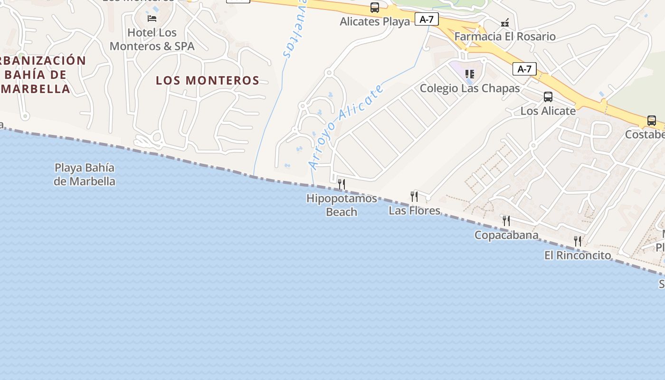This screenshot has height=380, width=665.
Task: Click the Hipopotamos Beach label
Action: pos(342,205)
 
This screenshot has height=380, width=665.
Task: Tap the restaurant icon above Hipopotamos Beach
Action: pos(341,184)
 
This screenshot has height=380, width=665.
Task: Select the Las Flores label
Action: pos(414,210)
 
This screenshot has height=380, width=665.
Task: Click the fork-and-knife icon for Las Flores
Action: pos(414,196)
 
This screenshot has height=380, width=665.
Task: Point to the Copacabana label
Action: pos(506,235)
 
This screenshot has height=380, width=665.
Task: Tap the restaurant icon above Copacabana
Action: pos(506,220)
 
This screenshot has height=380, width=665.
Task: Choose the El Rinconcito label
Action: pos(578,255)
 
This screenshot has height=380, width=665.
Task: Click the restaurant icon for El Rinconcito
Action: pos(578,241)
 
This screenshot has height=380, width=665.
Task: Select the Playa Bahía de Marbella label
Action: pos(85,174)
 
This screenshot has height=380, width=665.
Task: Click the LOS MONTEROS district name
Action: pos(208,80)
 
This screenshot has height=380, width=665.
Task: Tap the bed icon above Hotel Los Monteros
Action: pos(152,19)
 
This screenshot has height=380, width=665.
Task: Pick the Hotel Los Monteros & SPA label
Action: pos(152,39)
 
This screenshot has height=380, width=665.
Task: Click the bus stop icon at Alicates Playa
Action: pos(375,8)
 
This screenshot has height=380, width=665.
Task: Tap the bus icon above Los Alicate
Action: pos(548,97)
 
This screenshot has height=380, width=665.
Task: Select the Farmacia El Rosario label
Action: pos(505,37)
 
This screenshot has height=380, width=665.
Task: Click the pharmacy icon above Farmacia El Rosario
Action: pos(505,22)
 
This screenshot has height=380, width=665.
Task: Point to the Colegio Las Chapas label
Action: pos(470,88)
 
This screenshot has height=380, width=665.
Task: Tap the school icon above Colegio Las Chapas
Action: pos(470,74)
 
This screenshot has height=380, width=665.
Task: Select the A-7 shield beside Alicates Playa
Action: pos(427,19)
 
